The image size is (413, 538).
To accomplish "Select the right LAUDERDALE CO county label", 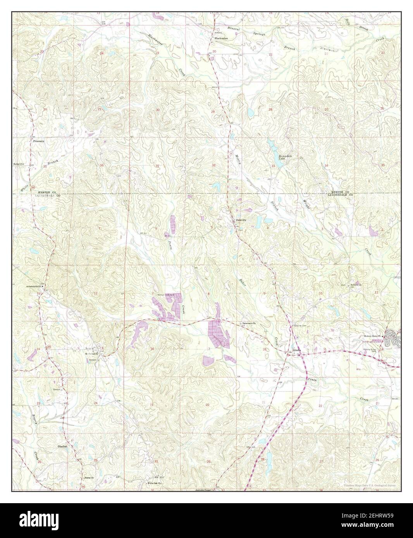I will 340,195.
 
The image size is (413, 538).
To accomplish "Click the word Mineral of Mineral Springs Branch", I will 234,29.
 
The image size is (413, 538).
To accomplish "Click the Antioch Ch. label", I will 356,285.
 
